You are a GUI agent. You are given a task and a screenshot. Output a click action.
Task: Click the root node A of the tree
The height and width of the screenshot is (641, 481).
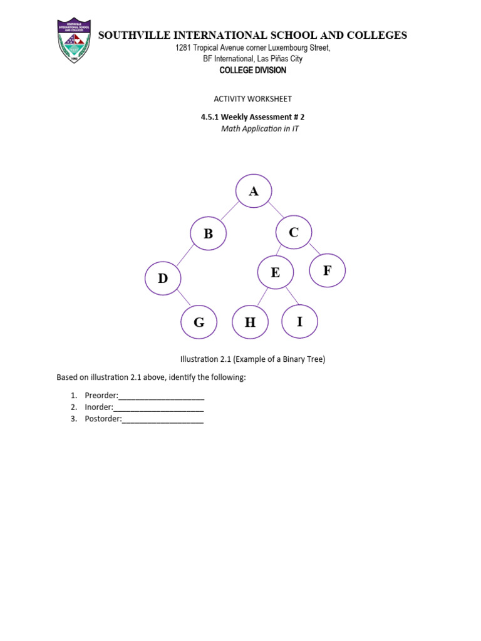coord(254,190)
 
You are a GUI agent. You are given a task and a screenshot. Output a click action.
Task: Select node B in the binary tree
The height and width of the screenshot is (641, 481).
coord(209,233)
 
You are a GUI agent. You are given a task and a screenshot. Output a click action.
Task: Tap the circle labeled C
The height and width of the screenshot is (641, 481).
coord(294,232)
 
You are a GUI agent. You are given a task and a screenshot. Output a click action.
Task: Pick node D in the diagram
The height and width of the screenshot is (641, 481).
coord(163,279)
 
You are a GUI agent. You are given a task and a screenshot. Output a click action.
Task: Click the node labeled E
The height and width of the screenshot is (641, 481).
coord(276,272)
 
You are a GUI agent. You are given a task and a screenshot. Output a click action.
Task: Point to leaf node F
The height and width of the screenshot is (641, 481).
coord(328,270)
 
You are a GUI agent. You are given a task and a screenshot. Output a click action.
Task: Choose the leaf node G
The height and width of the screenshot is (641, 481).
coord(199,322)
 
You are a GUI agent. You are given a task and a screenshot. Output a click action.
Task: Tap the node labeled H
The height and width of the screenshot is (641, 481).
coord(251,322)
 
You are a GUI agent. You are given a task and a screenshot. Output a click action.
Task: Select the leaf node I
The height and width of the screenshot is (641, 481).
coord(299,321)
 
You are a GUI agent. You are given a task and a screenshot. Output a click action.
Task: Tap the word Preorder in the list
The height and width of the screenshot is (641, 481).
coord(101,396)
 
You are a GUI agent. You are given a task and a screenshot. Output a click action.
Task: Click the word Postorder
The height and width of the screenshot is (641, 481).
coord(103,419)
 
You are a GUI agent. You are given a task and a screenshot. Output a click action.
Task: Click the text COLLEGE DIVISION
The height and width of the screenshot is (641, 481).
coord(252,70)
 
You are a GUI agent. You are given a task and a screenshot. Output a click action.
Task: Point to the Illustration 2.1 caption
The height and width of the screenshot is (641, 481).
coord(252,359)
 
